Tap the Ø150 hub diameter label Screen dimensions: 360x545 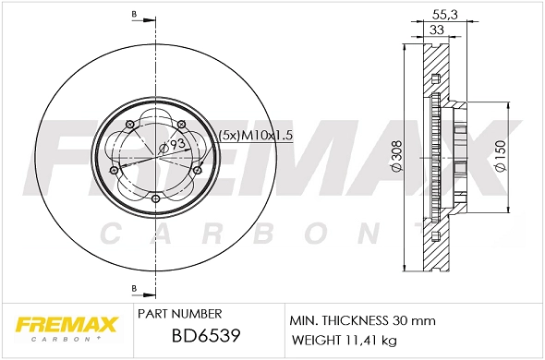(500, 157)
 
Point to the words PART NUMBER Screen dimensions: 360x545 (178, 315)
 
